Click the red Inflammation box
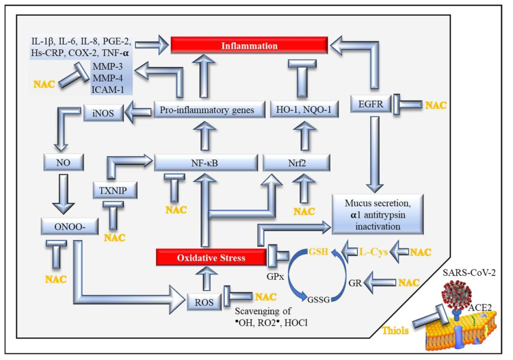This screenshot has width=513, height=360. click(248, 46)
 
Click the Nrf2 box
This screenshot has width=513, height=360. click(297, 163)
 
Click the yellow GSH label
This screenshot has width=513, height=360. click(317, 252)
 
